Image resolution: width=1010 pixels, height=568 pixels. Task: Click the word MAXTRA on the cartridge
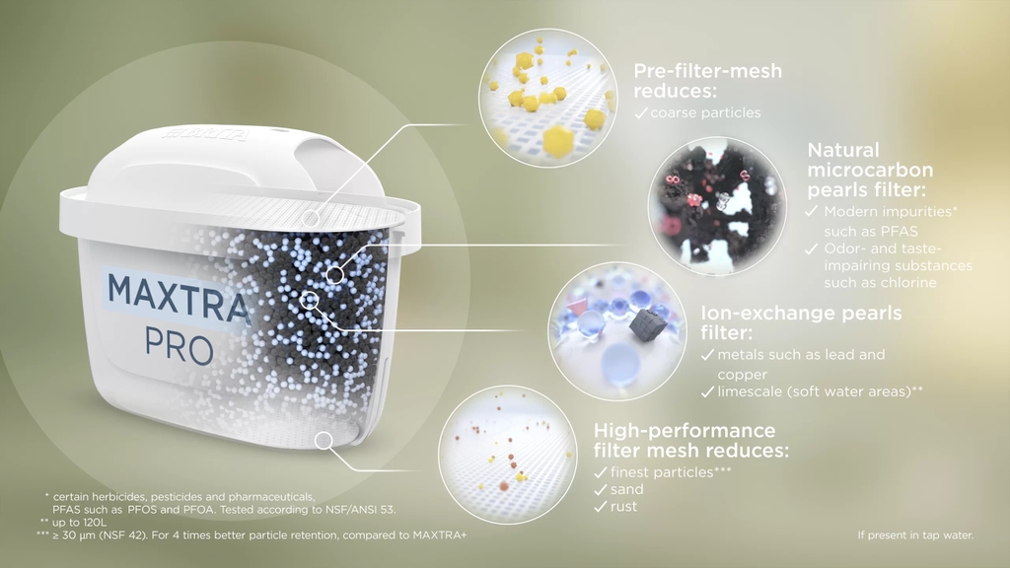(177, 291)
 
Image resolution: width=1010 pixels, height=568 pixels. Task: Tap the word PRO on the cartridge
(179, 347)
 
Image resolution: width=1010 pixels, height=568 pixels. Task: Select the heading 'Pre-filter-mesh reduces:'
(707, 80)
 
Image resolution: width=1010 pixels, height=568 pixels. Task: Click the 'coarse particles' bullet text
(704, 112)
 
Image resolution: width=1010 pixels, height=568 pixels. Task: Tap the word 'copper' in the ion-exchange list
(742, 375)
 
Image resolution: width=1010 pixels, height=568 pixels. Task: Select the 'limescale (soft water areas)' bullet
(820, 391)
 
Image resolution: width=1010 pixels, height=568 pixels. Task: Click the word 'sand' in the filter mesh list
(626, 489)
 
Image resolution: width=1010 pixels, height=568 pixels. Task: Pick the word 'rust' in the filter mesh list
(624, 507)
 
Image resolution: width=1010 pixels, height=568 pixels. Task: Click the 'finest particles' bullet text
(671, 472)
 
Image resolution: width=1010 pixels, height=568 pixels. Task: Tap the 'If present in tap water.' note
(915, 535)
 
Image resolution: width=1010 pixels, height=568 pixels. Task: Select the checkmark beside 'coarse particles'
(640, 113)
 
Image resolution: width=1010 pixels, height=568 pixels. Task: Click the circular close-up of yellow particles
(547, 99)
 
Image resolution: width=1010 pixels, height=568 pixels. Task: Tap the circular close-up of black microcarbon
(717, 205)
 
